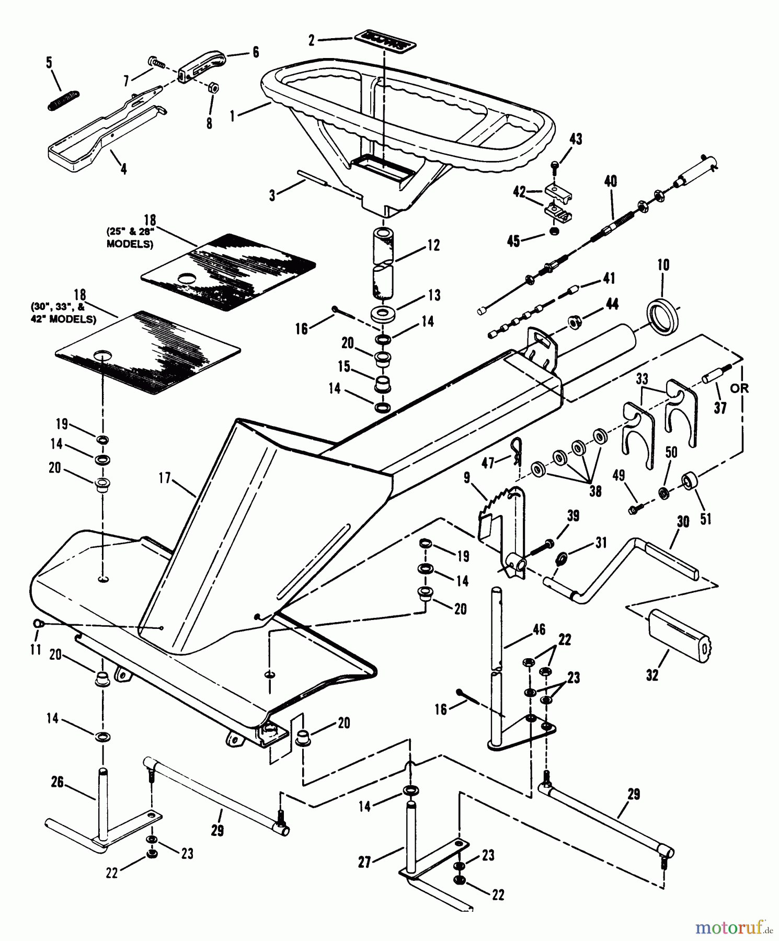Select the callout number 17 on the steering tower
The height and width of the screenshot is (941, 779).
(166, 478)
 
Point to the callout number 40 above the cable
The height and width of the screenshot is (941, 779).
(610, 181)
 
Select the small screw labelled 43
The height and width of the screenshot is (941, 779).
(555, 166)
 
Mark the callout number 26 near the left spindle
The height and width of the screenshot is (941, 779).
(58, 782)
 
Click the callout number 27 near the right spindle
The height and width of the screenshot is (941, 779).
(364, 862)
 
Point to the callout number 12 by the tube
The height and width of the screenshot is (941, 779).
(433, 245)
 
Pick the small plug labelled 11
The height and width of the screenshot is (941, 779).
(38, 623)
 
